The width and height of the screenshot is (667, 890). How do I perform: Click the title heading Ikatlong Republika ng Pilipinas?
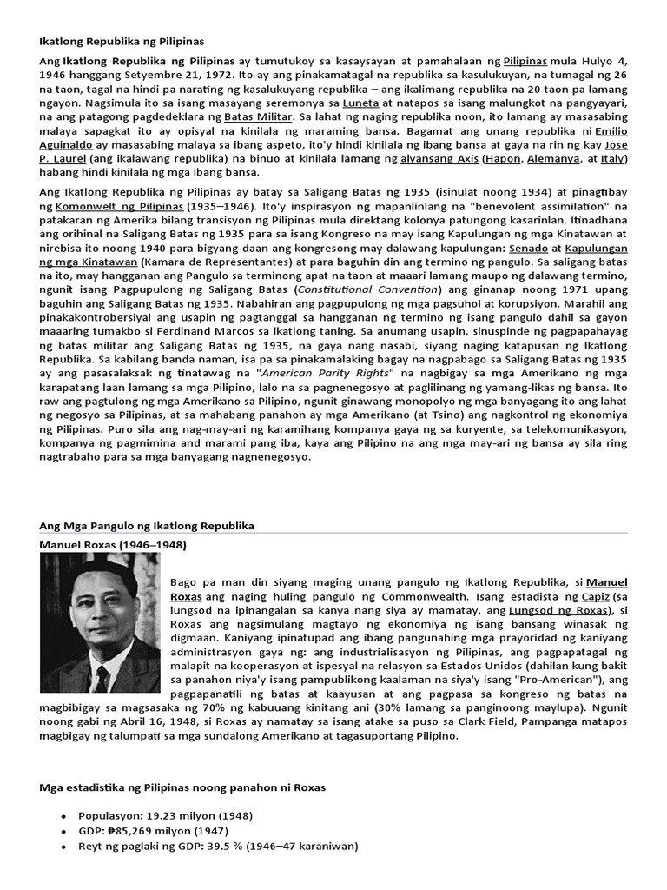(121, 41)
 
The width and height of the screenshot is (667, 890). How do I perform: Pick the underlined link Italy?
(611, 159)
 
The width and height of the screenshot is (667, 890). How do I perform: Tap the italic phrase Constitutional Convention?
(368, 289)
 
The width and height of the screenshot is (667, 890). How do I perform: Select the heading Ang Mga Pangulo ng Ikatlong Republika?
(147, 527)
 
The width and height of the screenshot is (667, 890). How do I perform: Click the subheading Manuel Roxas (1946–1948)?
(113, 545)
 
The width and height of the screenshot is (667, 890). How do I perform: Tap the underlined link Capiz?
(593, 598)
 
